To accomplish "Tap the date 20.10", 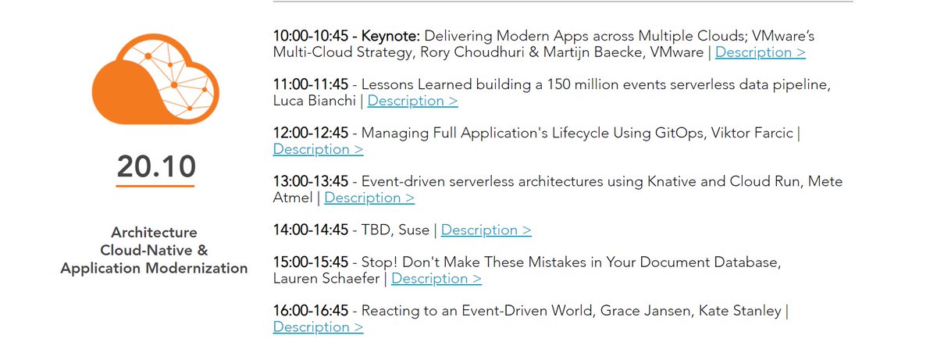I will click(x=156, y=166).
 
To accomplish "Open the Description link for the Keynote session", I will click(x=760, y=52).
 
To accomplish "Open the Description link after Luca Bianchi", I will click(x=412, y=101).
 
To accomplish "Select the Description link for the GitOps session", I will click(x=318, y=149).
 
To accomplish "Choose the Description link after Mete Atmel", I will click(x=369, y=198).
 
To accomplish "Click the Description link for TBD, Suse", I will click(x=486, y=230).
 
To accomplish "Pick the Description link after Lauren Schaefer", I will click(x=436, y=279).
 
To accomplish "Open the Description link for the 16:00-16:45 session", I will click(x=318, y=327).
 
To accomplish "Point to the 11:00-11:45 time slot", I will click(x=311, y=84).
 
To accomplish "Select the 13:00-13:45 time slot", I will click(x=311, y=181).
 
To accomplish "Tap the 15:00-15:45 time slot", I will click(x=311, y=262).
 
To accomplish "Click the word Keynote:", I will click(x=390, y=36).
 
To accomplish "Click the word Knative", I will click(x=673, y=181).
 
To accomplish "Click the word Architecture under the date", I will click(x=154, y=233).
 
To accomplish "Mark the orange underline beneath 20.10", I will click(x=156, y=187).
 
